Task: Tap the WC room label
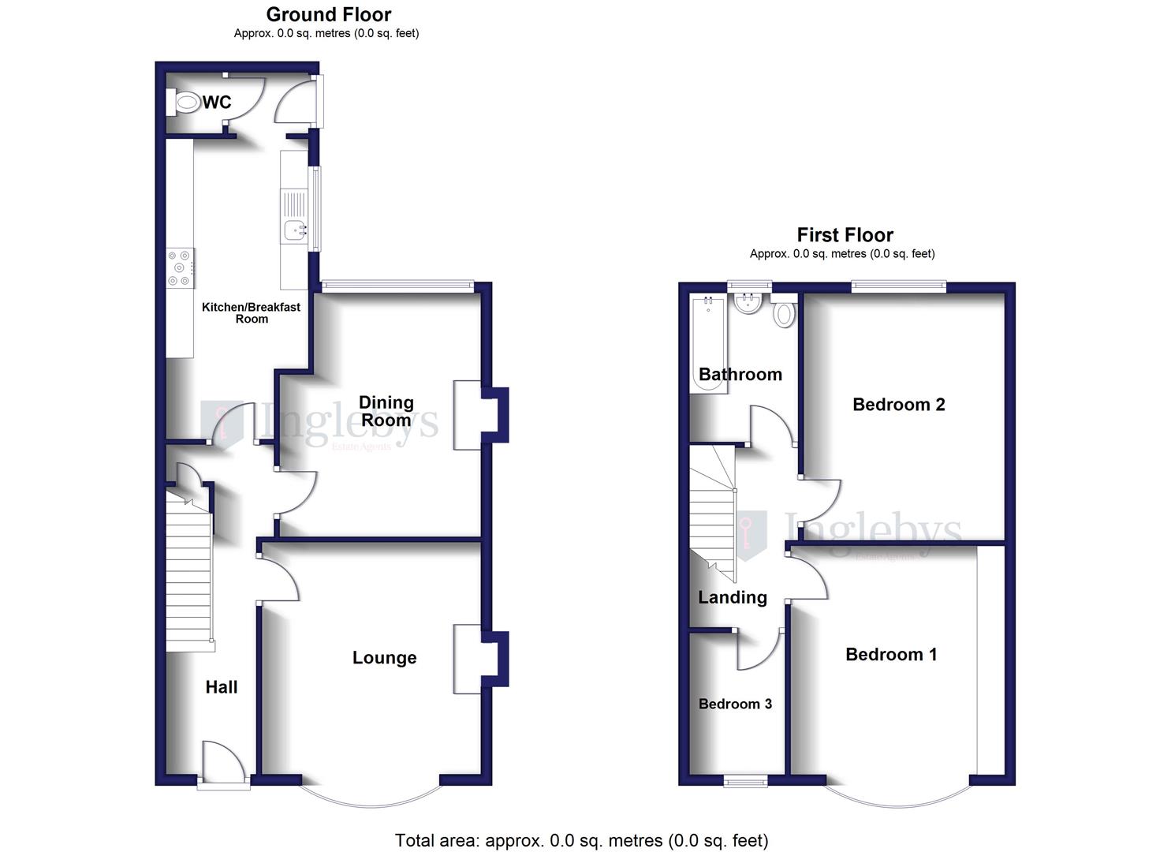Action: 217,103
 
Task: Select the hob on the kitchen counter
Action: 180,268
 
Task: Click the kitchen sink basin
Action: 294,230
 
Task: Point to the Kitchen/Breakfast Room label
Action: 251,312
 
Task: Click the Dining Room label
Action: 386,411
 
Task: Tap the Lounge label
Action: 384,658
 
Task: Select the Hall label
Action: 221,687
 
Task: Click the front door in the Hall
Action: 224,763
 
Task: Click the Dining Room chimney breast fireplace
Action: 468,415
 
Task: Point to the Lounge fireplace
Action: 468,659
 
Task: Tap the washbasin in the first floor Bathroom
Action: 747,303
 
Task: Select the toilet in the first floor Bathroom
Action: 783,313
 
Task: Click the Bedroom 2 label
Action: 898,405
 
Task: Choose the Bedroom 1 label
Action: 891,654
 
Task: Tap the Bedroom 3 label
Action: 735,704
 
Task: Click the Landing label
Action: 732,597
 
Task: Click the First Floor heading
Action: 845,235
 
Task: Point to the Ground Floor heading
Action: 328,14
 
